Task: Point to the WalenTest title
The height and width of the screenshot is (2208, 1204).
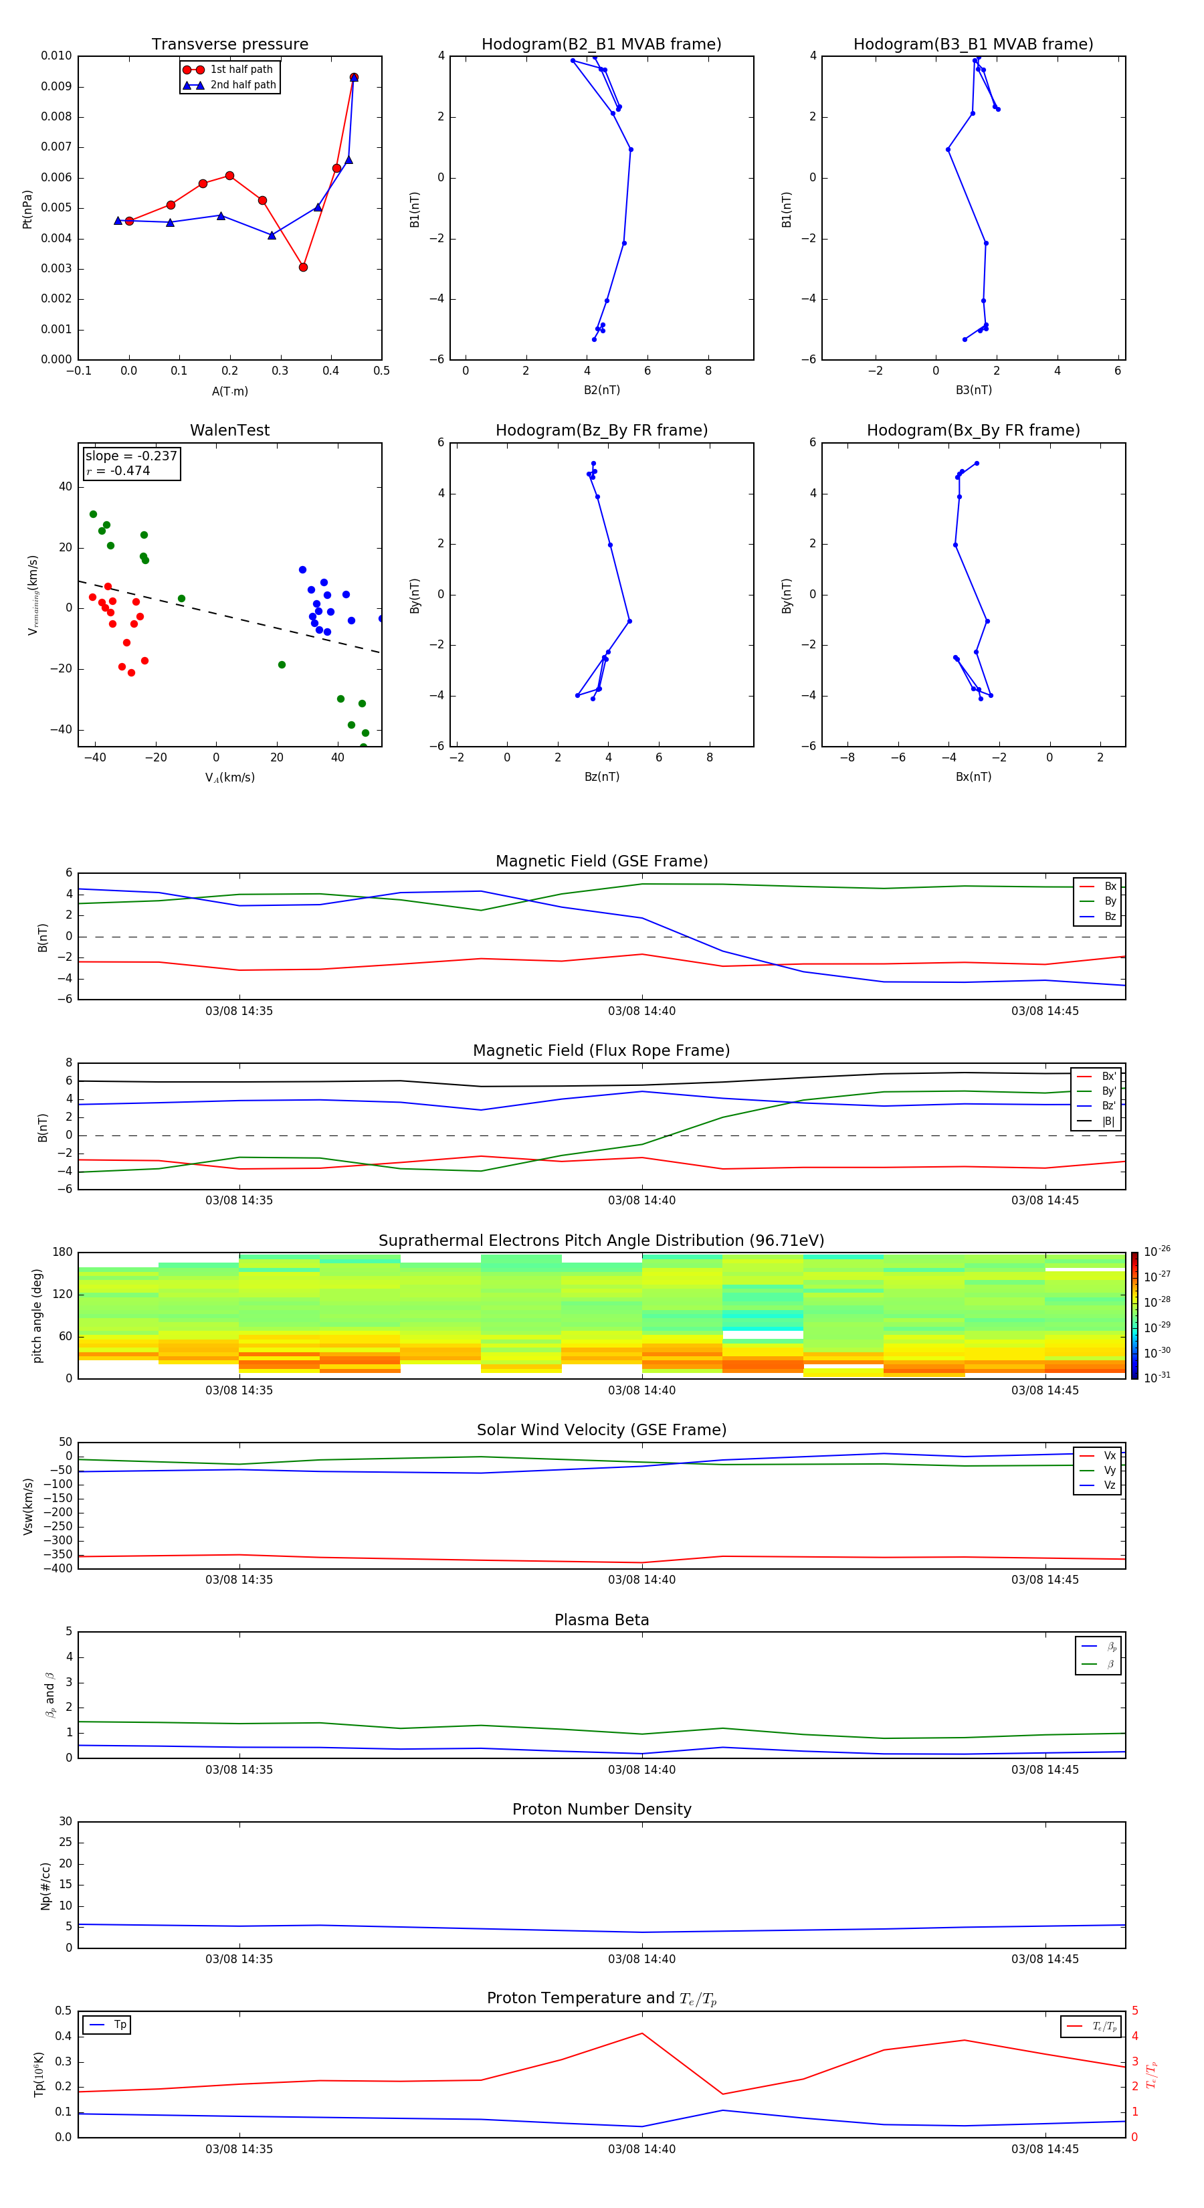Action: (x=229, y=430)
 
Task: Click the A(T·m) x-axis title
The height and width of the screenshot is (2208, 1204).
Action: (x=229, y=391)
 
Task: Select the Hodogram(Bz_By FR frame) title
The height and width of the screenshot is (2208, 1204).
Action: (x=601, y=430)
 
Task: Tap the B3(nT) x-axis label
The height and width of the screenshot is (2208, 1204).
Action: (x=973, y=390)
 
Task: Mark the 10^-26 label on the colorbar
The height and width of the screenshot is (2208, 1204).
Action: (x=1157, y=1251)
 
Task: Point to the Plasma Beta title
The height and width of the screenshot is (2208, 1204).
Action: (x=601, y=1620)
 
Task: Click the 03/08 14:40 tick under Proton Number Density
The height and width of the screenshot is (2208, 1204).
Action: (x=642, y=1958)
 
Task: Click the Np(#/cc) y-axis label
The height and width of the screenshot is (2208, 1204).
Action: (x=46, y=1885)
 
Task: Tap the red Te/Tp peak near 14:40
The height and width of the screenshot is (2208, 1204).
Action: (x=642, y=2033)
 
